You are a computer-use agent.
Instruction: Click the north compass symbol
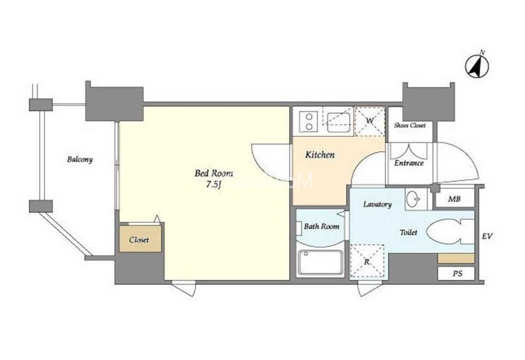[477, 65]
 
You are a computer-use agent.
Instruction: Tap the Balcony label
[80, 159]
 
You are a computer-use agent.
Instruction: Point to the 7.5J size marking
[214, 185]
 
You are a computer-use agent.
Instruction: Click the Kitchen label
[320, 155]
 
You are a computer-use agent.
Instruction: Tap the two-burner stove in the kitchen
[308, 121]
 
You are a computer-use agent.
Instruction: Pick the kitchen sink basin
[338, 122]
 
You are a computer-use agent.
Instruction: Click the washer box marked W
[369, 121]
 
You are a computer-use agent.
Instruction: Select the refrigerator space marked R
[367, 262]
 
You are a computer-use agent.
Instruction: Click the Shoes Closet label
[410, 125]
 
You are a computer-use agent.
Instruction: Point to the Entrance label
[409, 163]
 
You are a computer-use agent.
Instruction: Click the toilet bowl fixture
[450, 232]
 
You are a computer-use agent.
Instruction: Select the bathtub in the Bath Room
[321, 263]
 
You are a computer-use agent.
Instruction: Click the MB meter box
[455, 199]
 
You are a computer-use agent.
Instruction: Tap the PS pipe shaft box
[456, 274]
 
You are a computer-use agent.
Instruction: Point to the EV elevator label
[487, 237]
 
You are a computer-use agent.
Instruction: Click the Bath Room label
[321, 227]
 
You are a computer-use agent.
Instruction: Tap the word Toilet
[408, 232]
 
